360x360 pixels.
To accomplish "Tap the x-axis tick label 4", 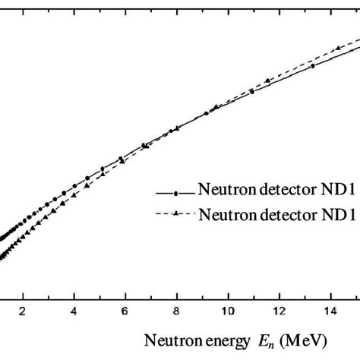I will (74, 311).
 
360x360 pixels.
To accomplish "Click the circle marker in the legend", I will (175, 188).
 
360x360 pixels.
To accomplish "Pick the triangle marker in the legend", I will (175, 215).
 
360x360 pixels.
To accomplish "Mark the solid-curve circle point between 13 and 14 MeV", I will (312, 66).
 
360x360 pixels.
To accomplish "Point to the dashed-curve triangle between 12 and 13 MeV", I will (293, 73).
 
